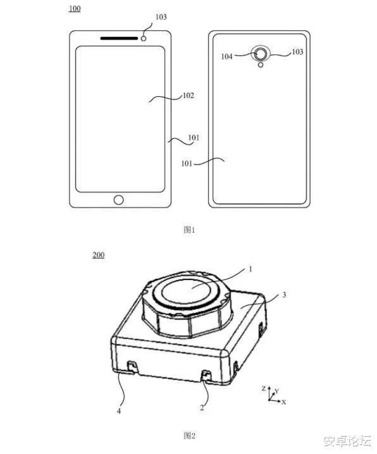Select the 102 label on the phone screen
[188, 96]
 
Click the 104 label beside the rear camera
[226, 56]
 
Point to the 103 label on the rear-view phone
[297, 51]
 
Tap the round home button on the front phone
[119, 200]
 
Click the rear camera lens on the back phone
[260, 54]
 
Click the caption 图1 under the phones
[188, 230]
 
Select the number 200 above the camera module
[98, 255]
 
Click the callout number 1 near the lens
[250, 269]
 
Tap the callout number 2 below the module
[202, 408]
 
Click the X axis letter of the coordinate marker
[284, 402]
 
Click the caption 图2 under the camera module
[188, 435]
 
